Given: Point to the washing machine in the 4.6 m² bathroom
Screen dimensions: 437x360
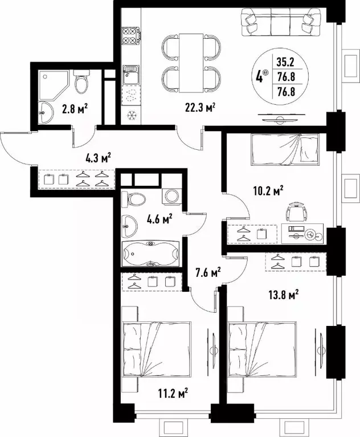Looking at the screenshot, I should (171, 197).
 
